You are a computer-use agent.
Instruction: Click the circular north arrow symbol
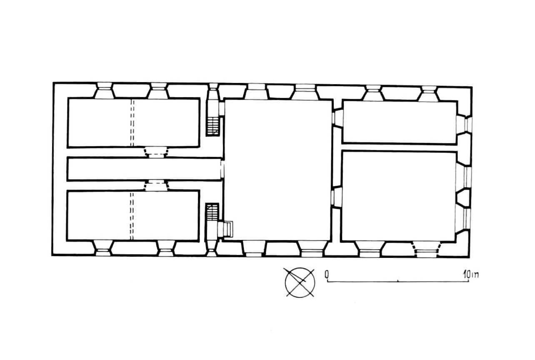point(300,282)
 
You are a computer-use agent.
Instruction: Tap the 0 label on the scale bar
point(327,274)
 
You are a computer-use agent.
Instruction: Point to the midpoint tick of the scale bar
point(397,281)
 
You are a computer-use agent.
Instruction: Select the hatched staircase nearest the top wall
point(213,126)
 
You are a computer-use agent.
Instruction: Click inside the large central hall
point(278,170)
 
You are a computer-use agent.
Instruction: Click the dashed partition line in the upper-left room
point(132,122)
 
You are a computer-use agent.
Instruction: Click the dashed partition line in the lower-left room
point(132,216)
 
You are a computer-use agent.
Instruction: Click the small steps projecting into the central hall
point(225,229)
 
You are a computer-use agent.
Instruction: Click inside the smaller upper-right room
point(400,122)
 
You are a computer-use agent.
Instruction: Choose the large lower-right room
point(399,196)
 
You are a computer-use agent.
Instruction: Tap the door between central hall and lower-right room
point(337,197)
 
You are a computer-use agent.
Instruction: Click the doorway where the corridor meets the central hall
point(222,169)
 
